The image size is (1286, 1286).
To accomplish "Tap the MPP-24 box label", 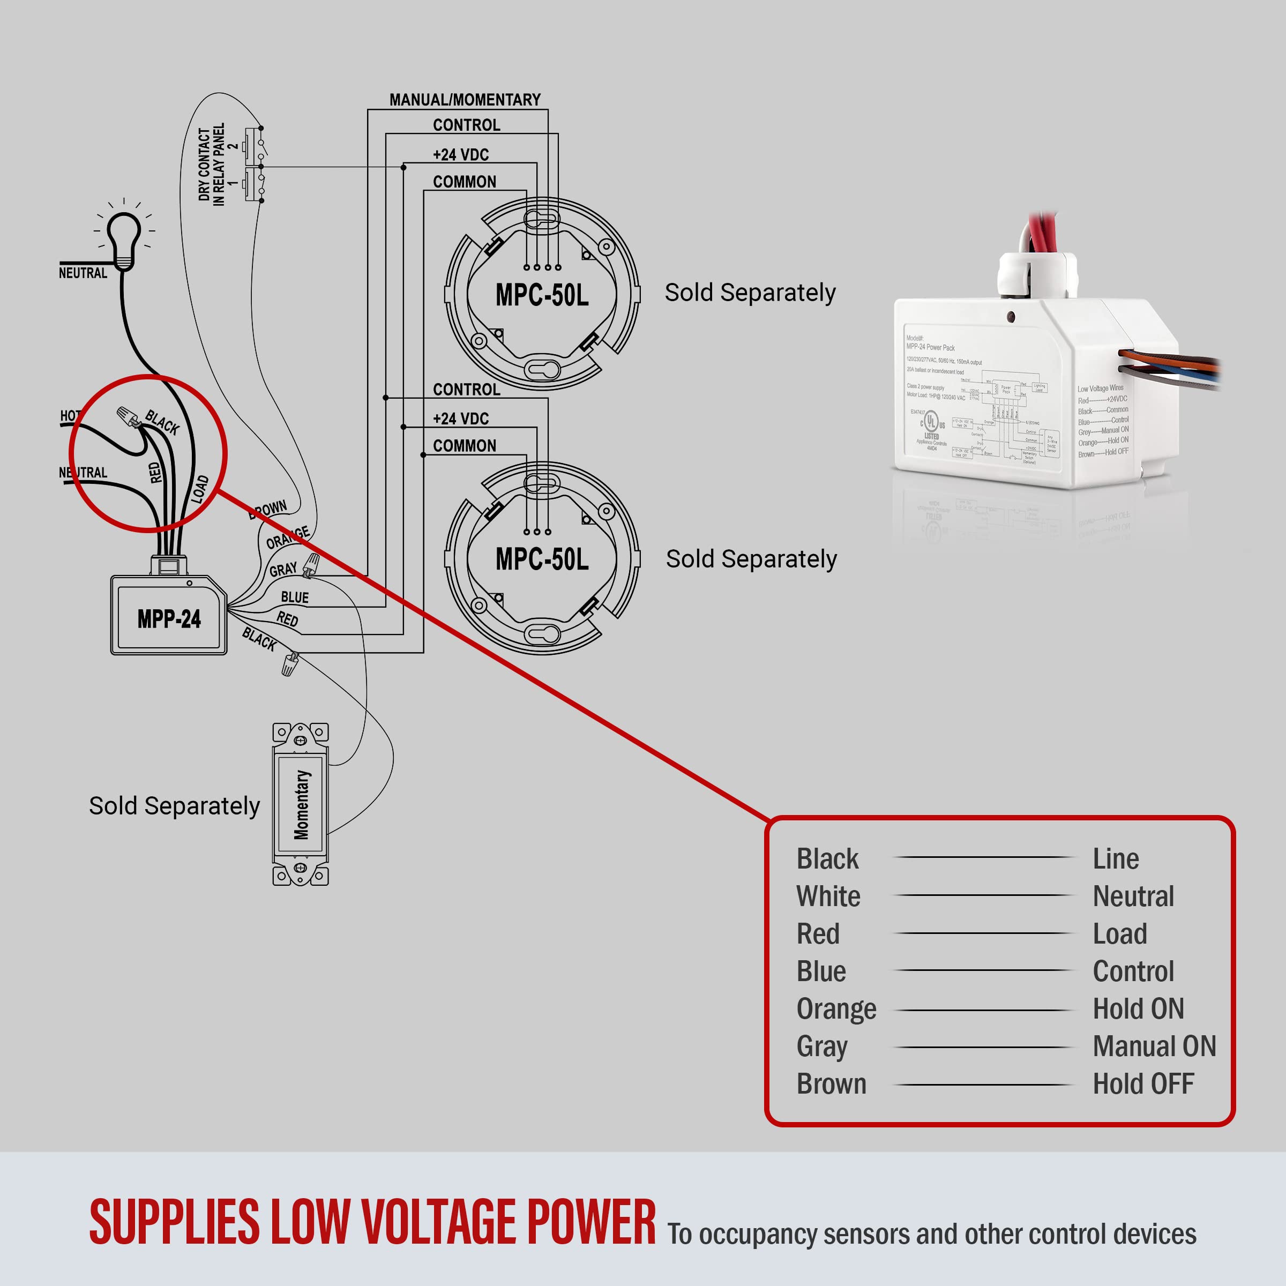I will click(x=169, y=619).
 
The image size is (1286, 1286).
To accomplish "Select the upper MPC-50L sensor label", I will click(x=542, y=295).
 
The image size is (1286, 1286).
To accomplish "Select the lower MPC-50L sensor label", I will click(x=542, y=559).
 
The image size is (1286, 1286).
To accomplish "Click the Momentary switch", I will click(x=301, y=804).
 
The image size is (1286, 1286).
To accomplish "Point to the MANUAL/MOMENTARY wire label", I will click(x=465, y=100).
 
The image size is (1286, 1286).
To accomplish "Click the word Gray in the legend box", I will click(x=821, y=1046).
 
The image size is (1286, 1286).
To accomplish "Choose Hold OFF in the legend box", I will click(x=1143, y=1085).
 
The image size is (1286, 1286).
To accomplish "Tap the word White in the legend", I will click(x=828, y=896).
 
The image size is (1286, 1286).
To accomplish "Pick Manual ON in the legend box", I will click(x=1154, y=1046).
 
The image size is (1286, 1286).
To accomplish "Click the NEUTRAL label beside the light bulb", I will click(x=83, y=273).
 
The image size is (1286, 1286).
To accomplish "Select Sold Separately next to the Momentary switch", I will click(x=174, y=805).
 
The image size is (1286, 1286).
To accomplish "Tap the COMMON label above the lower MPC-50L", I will click(x=464, y=445).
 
